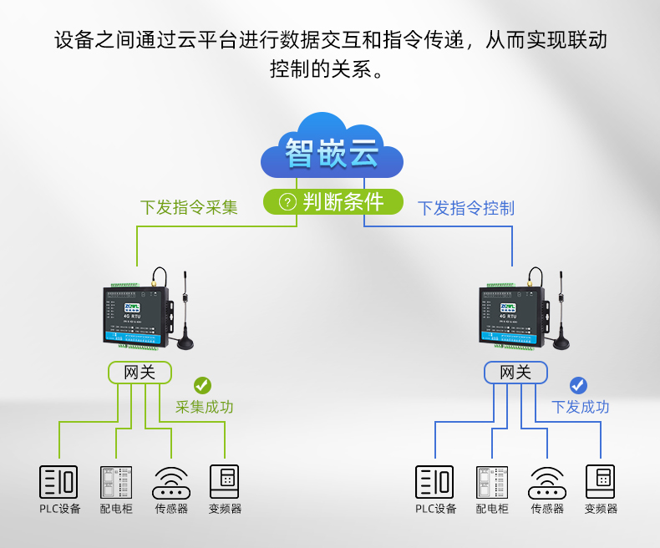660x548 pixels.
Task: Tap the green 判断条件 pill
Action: click(x=333, y=201)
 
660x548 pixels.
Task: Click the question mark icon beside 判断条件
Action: click(x=287, y=202)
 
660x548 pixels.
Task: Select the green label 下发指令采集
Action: click(x=189, y=207)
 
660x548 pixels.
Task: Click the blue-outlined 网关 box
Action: click(x=515, y=373)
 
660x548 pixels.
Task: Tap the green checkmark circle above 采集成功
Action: click(x=202, y=385)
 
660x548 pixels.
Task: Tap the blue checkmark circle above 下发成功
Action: click(x=578, y=385)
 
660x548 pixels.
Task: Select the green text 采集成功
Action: click(x=204, y=407)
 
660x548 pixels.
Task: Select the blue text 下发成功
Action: click(x=580, y=407)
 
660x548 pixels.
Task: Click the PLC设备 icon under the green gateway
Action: click(x=58, y=482)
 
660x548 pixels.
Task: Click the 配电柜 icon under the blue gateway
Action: click(x=492, y=482)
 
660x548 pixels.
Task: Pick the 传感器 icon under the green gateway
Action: click(x=171, y=482)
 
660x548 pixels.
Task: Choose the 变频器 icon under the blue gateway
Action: click(x=600, y=482)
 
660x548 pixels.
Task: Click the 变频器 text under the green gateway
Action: click(x=225, y=509)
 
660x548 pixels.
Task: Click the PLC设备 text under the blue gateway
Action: click(x=436, y=509)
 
